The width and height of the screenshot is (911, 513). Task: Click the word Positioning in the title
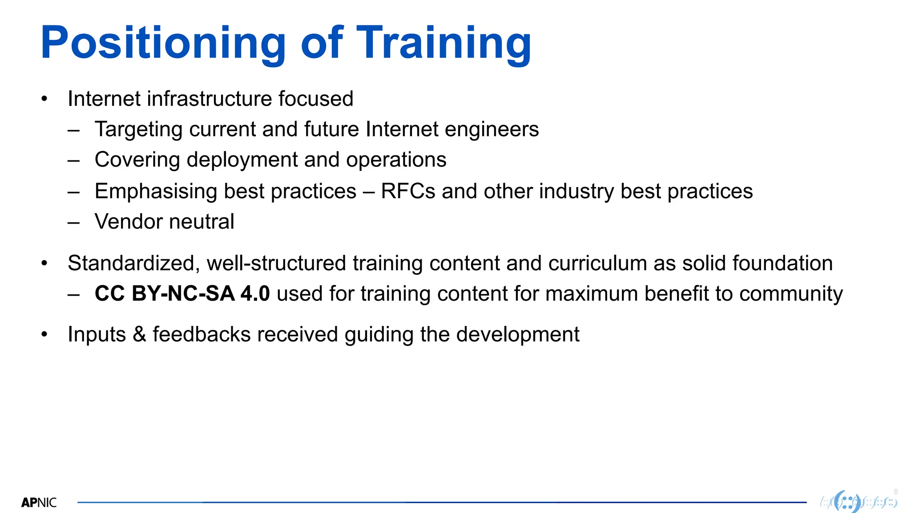163,43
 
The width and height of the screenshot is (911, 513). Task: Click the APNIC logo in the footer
39,503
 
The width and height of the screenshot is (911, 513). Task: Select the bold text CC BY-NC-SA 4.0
182,294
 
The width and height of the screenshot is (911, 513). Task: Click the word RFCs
408,191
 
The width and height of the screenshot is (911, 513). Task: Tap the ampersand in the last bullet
139,334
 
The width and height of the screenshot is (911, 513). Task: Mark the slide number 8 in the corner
896,492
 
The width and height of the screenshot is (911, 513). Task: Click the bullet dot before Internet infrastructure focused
44,99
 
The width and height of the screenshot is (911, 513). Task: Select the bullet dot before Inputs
44,334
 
